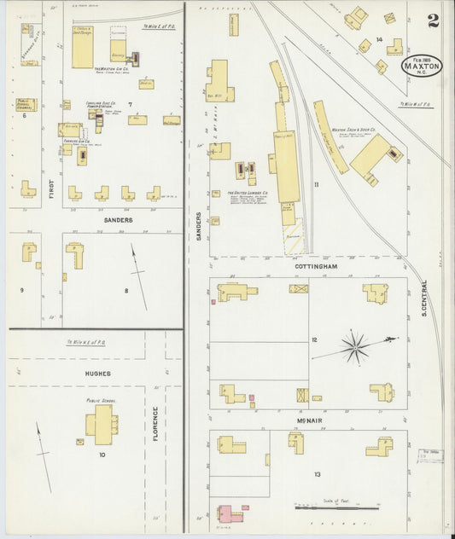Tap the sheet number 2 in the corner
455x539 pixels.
(434, 21)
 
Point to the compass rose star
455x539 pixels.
(355, 346)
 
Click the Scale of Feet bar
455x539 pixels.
(336, 507)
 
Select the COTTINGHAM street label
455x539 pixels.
(318, 267)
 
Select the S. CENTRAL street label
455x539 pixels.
(423, 299)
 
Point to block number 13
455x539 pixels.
(318, 474)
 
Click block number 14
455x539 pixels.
(378, 40)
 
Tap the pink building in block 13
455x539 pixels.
(228, 513)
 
